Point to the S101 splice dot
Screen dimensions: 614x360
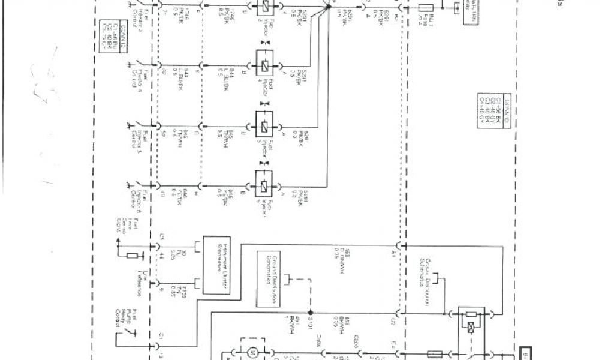tap(310, 313)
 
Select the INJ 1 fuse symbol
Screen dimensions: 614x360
tap(426, 8)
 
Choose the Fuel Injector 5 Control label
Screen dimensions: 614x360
tap(128, 136)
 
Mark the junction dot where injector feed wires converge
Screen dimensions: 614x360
tap(329, 3)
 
